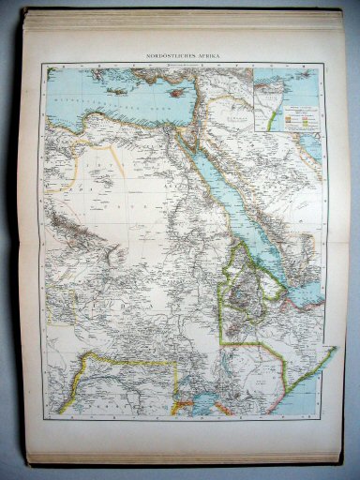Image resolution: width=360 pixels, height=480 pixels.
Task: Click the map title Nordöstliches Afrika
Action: pyautogui.click(x=181, y=57)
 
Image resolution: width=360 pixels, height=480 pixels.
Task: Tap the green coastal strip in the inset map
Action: pyautogui.click(x=271, y=118)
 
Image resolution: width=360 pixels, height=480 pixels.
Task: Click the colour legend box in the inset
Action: pyautogui.click(x=299, y=118)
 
